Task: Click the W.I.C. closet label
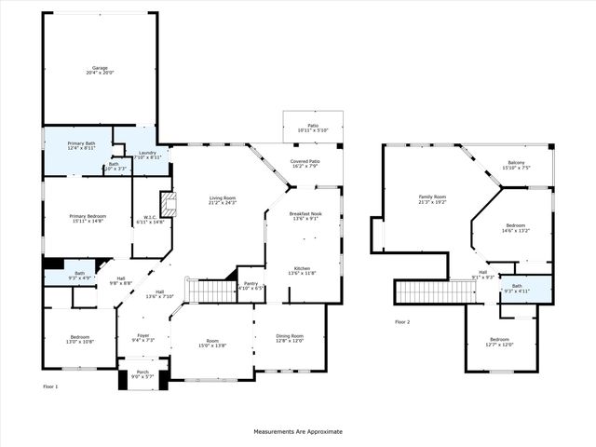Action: click(x=150, y=218)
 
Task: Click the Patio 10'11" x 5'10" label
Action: click(x=313, y=128)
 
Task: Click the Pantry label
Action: click(x=251, y=285)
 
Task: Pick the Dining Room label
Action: click(x=290, y=338)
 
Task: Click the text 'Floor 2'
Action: click(x=402, y=321)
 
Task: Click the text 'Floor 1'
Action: click(x=50, y=386)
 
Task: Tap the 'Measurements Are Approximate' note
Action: click(x=298, y=431)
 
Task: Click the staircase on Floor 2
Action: click(x=436, y=292)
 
